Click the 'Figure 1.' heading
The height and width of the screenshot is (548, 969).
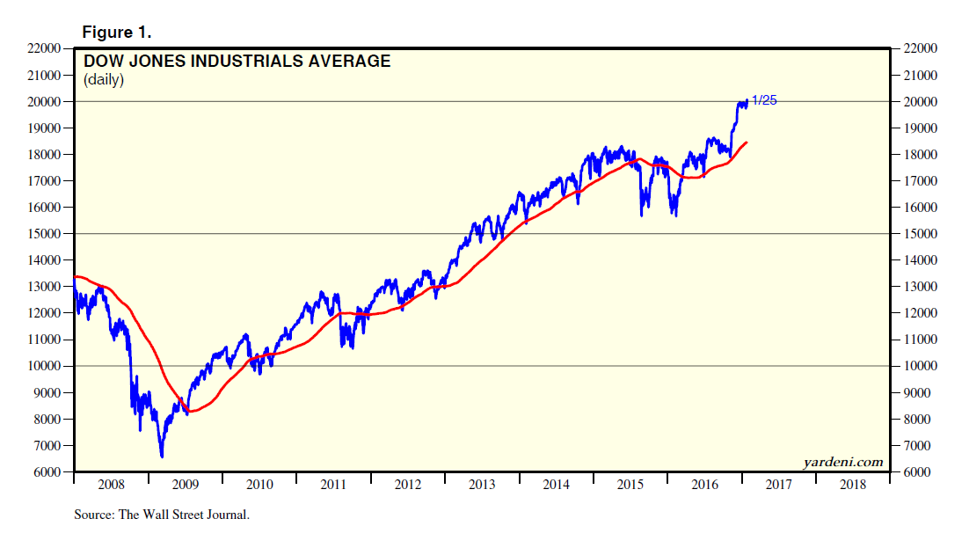tap(117, 32)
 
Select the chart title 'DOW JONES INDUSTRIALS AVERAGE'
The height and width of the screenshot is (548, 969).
tap(237, 62)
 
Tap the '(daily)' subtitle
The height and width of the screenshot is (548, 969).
tap(104, 81)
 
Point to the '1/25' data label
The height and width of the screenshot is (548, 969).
tap(764, 100)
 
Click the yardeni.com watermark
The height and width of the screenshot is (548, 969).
tap(842, 462)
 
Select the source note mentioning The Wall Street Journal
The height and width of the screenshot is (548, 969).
tap(162, 515)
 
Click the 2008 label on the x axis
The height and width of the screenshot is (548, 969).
tap(111, 485)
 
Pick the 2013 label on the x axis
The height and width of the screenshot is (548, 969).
tap(482, 485)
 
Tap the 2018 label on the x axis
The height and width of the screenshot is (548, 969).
tap(852, 485)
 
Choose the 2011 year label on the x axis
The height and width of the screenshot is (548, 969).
tap(333, 485)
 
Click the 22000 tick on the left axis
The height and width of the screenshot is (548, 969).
tap(42, 48)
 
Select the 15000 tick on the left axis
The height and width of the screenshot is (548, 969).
tap(42, 234)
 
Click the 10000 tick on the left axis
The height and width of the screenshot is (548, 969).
tap(42, 366)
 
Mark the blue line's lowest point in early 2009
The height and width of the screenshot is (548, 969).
tap(162, 457)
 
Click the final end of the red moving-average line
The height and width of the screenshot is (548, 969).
tap(747, 142)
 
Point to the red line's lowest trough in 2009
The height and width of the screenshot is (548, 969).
tap(192, 412)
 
